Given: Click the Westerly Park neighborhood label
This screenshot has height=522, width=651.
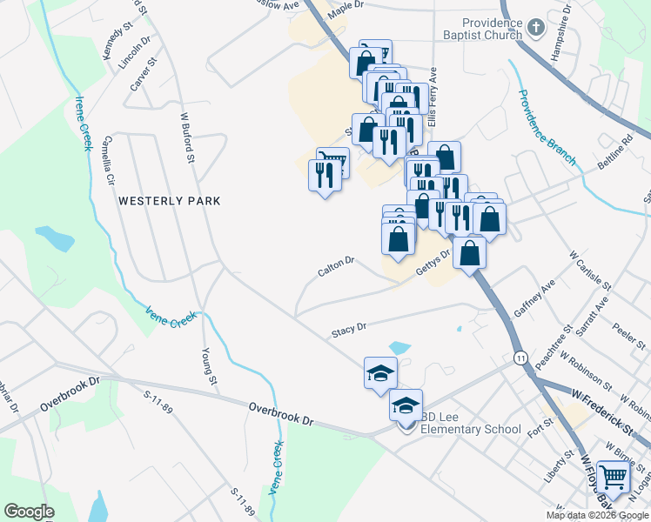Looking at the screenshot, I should (x=170, y=201).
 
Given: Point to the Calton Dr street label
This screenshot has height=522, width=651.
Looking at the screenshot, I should (x=336, y=266).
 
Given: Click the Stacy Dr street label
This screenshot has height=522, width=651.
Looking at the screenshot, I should (x=349, y=330).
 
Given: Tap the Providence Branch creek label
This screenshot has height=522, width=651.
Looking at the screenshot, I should (x=547, y=127).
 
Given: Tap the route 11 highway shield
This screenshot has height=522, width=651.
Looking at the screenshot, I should (x=520, y=358).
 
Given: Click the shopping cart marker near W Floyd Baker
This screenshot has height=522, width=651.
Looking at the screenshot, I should (x=614, y=478).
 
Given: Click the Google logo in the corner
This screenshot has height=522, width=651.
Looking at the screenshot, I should (x=29, y=512).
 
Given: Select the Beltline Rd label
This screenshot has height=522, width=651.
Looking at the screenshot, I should (x=614, y=153).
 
